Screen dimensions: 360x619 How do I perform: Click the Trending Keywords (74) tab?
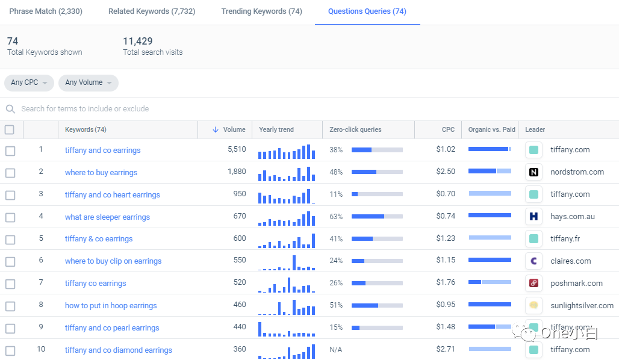(261, 11)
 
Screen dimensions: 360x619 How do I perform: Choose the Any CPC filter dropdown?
(29, 82)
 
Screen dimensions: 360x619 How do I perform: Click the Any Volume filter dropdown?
(88, 82)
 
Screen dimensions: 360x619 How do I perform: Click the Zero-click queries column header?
(355, 129)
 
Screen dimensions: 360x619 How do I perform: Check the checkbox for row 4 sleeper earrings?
(10, 217)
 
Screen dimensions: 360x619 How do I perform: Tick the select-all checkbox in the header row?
(9, 129)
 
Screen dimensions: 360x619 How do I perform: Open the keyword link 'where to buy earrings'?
(101, 173)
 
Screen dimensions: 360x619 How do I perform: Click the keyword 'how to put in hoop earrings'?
(111, 306)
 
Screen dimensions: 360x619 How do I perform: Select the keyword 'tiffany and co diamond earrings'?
(119, 350)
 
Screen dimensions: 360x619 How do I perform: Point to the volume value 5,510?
(237, 149)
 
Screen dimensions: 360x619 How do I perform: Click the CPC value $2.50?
(446, 172)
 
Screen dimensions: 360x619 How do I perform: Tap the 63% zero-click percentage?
(336, 216)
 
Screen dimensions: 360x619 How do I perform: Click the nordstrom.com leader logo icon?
(533, 172)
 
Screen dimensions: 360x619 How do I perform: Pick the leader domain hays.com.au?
(572, 217)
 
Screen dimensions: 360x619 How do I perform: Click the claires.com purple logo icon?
(533, 261)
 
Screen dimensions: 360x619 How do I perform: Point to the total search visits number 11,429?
(138, 41)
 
